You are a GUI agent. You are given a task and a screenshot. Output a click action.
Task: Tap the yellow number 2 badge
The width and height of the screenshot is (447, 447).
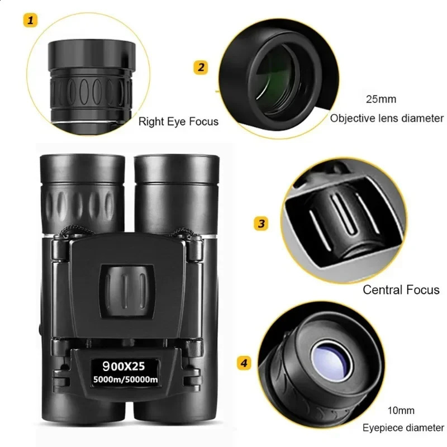[201, 68]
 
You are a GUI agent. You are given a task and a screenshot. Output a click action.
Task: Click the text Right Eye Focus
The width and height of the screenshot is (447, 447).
[178, 121]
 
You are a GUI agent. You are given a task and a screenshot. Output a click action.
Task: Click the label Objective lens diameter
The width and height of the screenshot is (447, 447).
[387, 118]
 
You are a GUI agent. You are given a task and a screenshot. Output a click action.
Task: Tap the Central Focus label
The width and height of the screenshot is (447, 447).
[401, 289]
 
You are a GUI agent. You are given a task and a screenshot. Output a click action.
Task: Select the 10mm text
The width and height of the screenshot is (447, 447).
[402, 411]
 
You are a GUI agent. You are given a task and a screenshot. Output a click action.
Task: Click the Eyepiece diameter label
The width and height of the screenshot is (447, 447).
[402, 429]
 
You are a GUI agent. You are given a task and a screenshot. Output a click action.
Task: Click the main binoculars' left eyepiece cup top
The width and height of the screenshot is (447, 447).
[82, 168]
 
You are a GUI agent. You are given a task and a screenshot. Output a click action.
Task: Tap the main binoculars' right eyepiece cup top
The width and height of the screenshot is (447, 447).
[177, 168]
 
